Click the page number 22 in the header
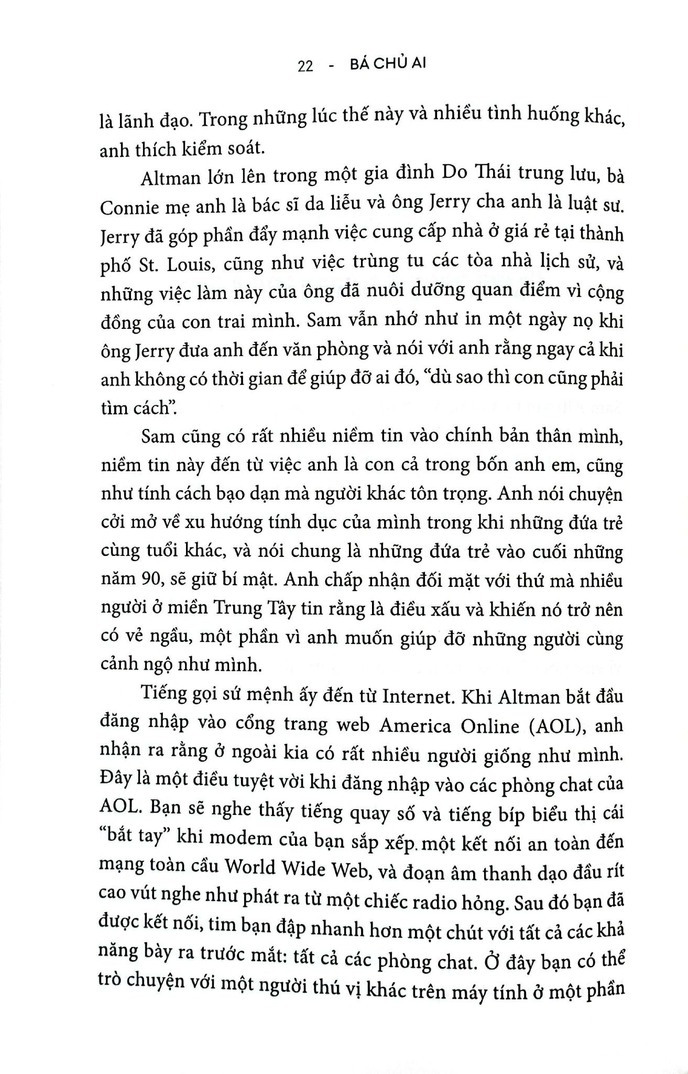click(305, 66)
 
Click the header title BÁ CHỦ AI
click(388, 65)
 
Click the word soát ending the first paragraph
click(238, 149)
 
